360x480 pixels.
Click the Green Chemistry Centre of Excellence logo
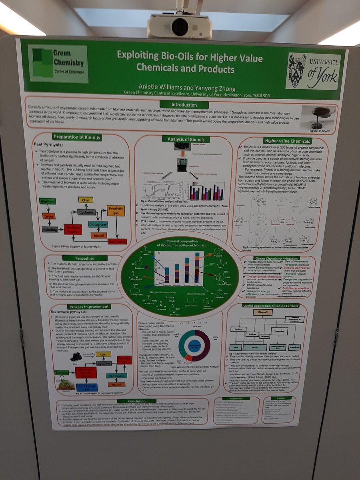click(58, 64)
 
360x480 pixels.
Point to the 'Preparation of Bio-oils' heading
click(77, 138)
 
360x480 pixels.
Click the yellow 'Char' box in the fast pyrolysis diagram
click(86, 200)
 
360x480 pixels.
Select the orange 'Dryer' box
click(48, 216)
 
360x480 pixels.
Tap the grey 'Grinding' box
click(50, 229)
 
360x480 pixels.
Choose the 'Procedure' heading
click(84, 258)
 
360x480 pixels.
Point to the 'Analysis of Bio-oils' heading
click(184, 139)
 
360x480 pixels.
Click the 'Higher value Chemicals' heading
click(287, 141)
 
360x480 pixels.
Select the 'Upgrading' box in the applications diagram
click(280, 332)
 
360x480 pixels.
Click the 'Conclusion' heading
click(137, 401)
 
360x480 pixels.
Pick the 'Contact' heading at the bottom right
click(281, 398)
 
